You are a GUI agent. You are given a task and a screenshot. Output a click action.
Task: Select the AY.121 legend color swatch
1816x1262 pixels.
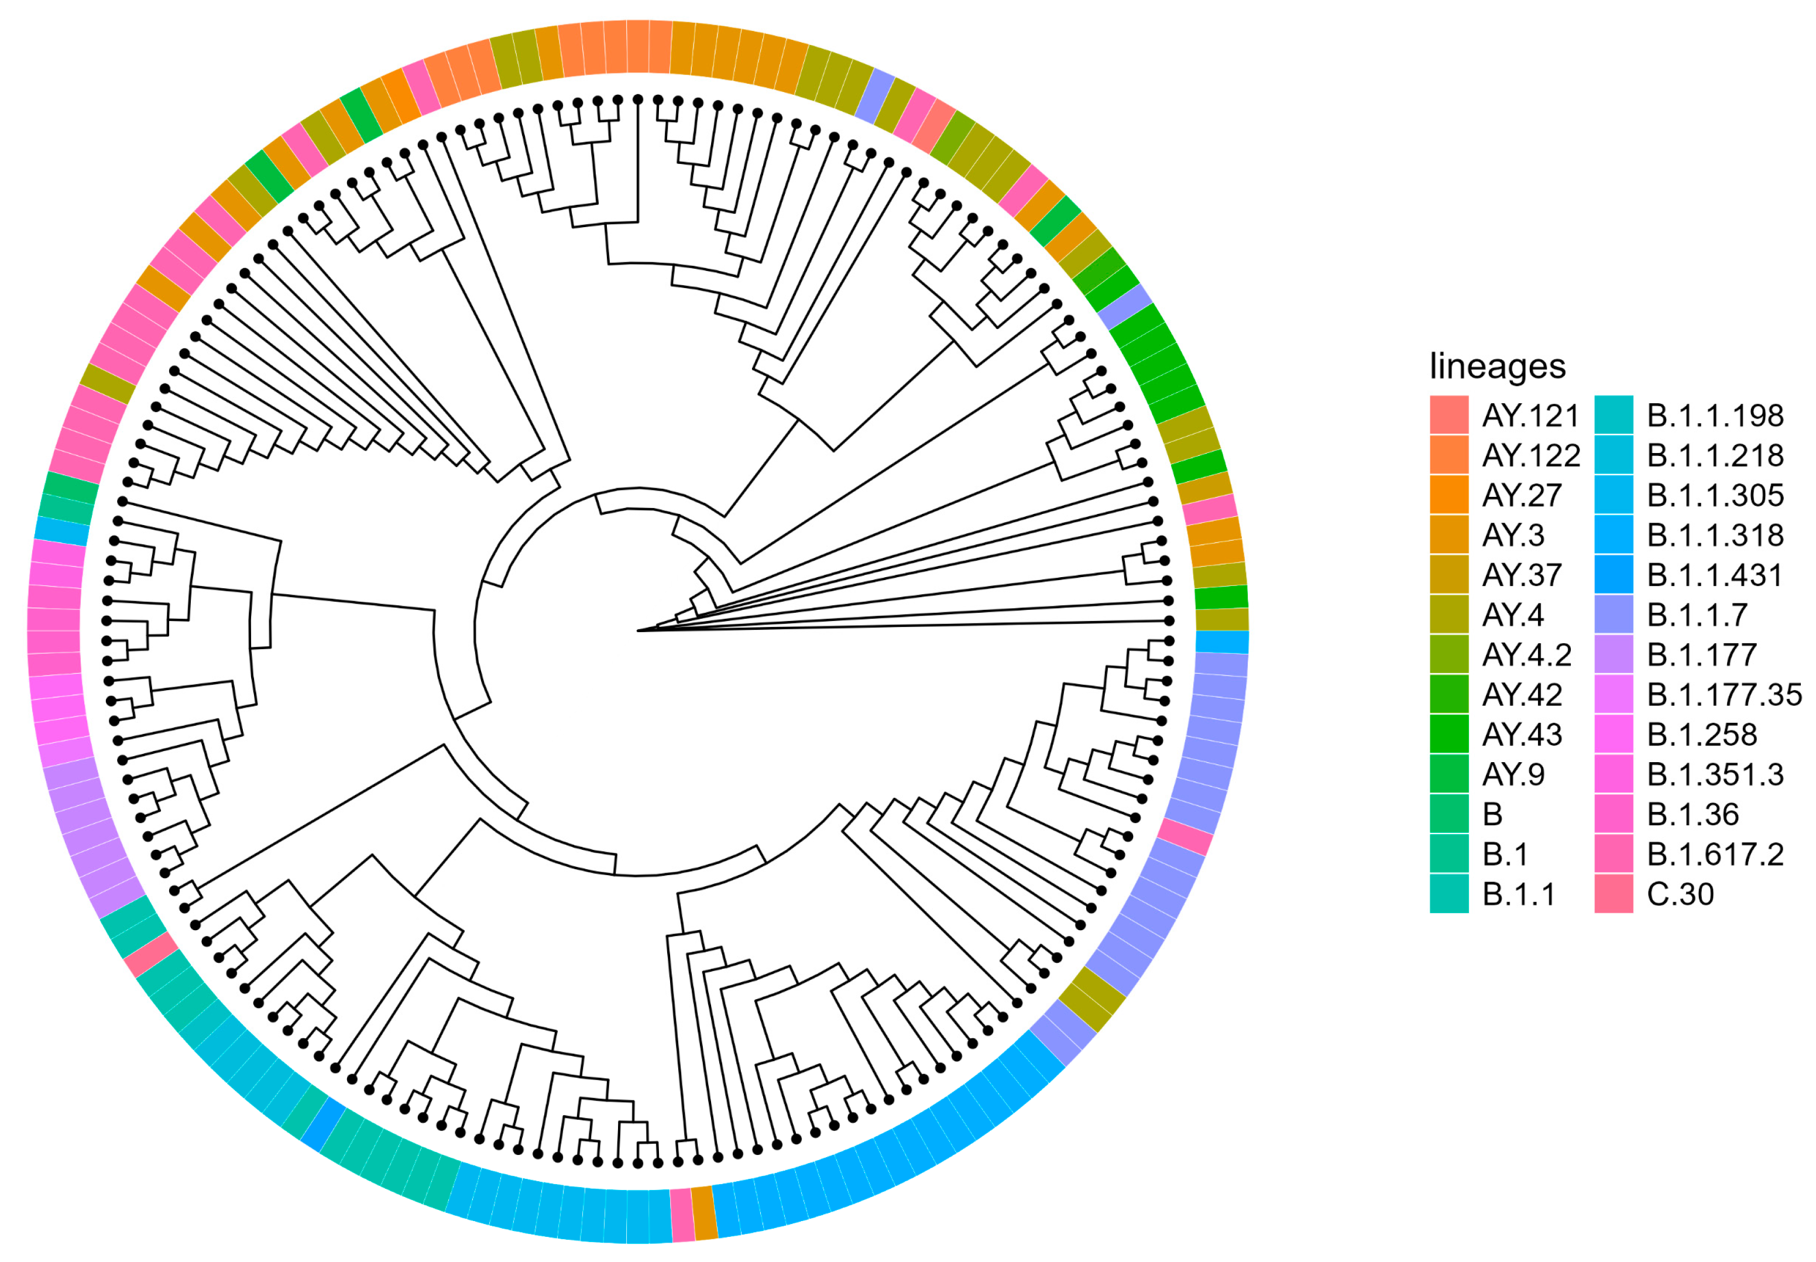1448,415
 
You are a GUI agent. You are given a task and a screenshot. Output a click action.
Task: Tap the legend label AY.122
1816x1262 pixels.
1530,455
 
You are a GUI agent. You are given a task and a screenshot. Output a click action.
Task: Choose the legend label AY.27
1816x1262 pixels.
1521,495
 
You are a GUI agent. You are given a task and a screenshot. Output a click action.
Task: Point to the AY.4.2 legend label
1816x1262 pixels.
1526,655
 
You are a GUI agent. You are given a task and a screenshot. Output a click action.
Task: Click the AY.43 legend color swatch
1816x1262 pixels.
1448,735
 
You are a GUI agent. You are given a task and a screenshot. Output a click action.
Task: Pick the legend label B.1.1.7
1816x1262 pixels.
1697,615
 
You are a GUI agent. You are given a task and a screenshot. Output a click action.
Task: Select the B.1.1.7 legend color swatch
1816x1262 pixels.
1613,615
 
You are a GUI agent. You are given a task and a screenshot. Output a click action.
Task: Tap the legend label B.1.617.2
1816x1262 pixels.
1715,854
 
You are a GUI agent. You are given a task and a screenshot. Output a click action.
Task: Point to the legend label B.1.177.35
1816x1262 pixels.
1724,695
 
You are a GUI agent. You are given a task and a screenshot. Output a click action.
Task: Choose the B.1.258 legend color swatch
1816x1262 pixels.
1613,735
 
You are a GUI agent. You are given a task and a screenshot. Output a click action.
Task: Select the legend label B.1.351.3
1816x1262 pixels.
1715,774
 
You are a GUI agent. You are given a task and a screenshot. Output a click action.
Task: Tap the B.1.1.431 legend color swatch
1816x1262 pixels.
1613,575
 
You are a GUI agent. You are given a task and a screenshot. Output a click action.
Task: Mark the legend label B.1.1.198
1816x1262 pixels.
1715,415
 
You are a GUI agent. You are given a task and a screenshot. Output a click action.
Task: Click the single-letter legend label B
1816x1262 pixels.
1492,814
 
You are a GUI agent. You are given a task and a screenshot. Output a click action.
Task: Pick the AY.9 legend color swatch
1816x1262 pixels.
1448,774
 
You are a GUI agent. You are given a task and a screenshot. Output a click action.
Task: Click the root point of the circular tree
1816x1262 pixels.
637,631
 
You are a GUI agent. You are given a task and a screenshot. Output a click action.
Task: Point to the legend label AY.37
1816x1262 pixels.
1521,575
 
